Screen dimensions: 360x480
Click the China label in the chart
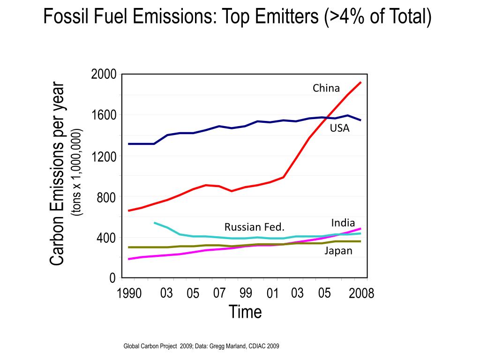(x=326, y=88)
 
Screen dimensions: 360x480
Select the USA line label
(x=339, y=128)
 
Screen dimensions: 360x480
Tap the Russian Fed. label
(x=255, y=227)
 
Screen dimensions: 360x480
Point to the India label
(x=343, y=223)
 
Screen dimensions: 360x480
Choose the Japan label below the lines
(x=338, y=251)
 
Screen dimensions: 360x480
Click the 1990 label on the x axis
(x=129, y=294)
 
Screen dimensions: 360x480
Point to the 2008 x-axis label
(x=361, y=294)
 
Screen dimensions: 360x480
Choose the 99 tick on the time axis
(x=245, y=293)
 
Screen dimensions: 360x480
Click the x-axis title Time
(x=245, y=312)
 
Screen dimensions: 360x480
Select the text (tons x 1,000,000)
(x=77, y=172)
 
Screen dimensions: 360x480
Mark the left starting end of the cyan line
(x=155, y=223)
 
